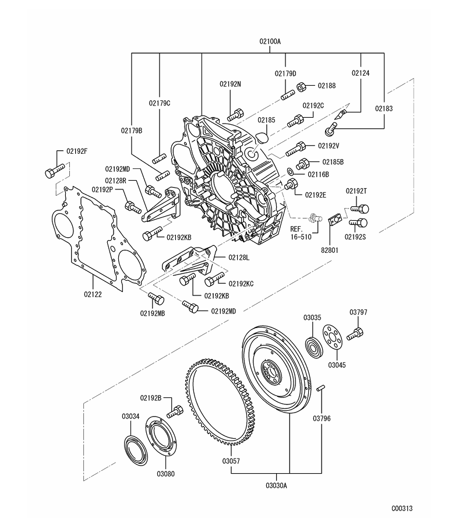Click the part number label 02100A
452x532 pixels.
[x=270, y=41]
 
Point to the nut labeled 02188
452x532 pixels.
[x=303, y=87]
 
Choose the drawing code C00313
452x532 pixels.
[x=402, y=508]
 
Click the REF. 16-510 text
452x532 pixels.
[x=302, y=233]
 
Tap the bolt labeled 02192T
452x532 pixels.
[x=361, y=209]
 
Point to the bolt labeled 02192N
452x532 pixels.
[x=235, y=113]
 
